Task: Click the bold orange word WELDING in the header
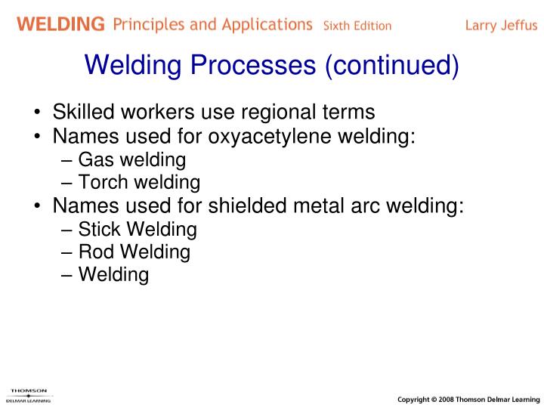[x=61, y=24]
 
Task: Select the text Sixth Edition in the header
[x=357, y=26]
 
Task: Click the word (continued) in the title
[x=391, y=66]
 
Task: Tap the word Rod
[x=95, y=252]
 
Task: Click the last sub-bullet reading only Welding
[x=113, y=275]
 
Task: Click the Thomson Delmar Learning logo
[x=29, y=394]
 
